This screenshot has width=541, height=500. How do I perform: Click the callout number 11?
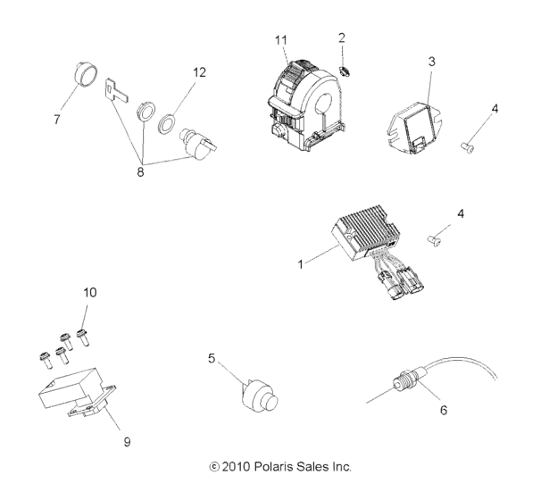pyautogui.click(x=283, y=39)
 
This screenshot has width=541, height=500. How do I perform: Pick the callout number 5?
pyautogui.click(x=212, y=358)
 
